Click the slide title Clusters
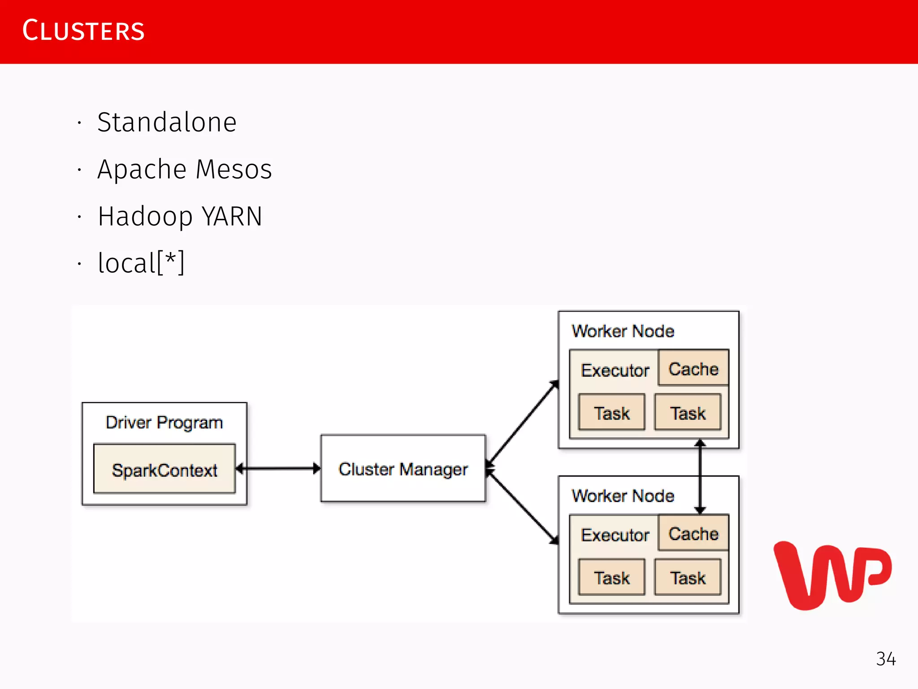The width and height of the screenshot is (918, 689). pyautogui.click(x=83, y=31)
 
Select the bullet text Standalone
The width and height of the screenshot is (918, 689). pyautogui.click(x=167, y=122)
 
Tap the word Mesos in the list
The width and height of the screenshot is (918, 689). pyautogui.click(x=234, y=170)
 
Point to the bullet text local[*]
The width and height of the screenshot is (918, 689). pyautogui.click(x=141, y=263)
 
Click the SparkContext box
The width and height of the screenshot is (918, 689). pyautogui.click(x=165, y=469)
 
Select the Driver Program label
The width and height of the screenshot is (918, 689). pyautogui.click(x=164, y=423)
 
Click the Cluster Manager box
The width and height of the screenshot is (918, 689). pyautogui.click(x=403, y=468)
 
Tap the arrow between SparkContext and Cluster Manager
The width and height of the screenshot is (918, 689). pyautogui.click(x=278, y=469)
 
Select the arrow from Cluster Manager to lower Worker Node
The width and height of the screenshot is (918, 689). pyautogui.click(x=523, y=507)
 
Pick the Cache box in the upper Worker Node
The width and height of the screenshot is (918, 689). pyautogui.click(x=693, y=368)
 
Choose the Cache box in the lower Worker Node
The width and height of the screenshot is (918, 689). pyautogui.click(x=693, y=533)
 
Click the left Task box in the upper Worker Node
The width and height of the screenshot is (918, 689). pyautogui.click(x=611, y=413)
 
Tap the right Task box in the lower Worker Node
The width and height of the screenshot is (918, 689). pyautogui.click(x=688, y=577)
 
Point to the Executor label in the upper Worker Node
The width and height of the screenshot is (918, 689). pyautogui.click(x=615, y=371)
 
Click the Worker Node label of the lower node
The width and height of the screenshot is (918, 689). pyautogui.click(x=623, y=496)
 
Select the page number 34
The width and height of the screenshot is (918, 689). pyautogui.click(x=886, y=659)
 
